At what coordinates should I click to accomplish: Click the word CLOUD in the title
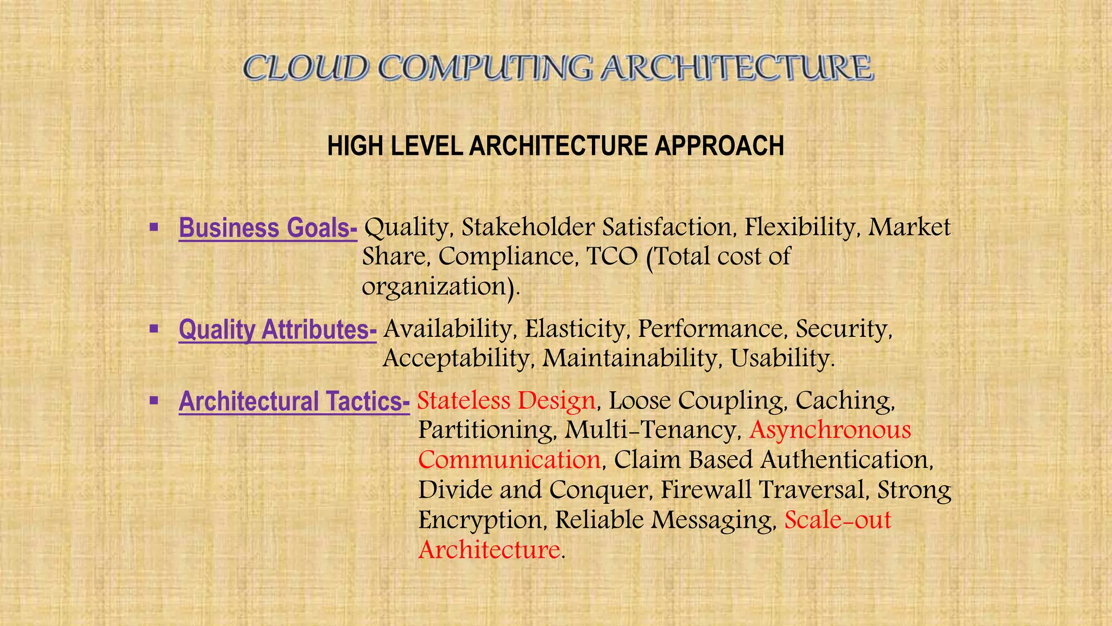click(306, 69)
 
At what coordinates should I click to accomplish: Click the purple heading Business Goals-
click(268, 228)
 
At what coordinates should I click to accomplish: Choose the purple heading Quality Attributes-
click(277, 330)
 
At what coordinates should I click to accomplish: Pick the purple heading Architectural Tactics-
click(294, 402)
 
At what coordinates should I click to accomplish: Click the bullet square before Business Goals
click(154, 226)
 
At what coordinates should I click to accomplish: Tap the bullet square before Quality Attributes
click(154, 328)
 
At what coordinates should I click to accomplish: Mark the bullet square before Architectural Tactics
click(154, 400)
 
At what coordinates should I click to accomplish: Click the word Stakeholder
click(527, 227)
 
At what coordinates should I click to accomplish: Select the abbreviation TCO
click(612, 256)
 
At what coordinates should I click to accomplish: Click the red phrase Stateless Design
click(506, 401)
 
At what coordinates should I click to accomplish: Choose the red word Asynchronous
click(830, 430)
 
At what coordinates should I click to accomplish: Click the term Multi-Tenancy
click(652, 430)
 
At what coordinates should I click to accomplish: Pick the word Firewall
click(706, 490)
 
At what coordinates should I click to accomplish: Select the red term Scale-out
click(838, 519)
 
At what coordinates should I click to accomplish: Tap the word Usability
click(781, 358)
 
